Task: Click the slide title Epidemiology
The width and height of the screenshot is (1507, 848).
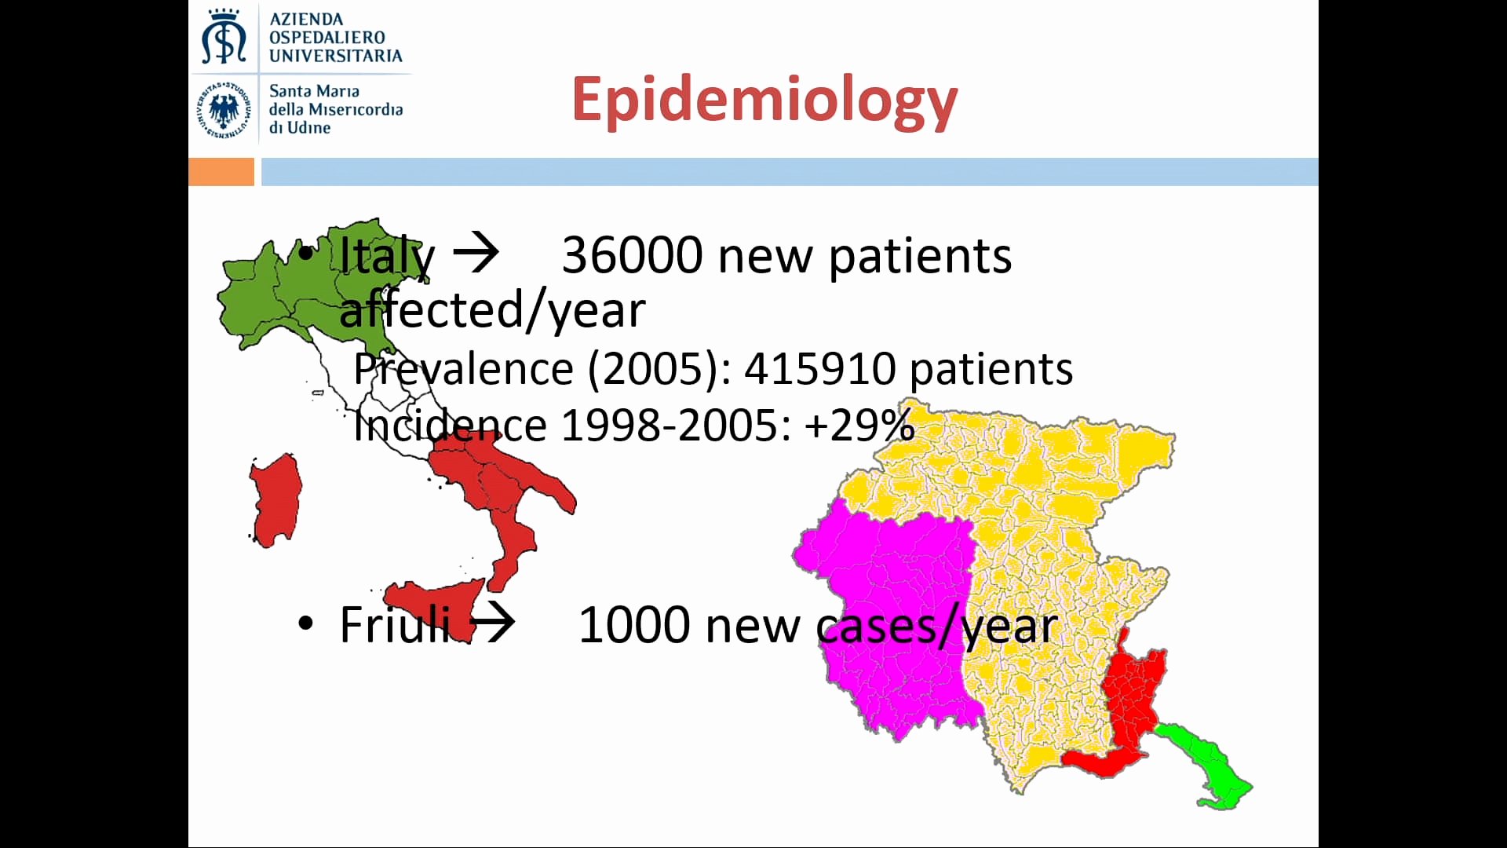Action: click(x=764, y=101)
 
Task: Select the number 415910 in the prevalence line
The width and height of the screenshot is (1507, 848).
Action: click(x=820, y=368)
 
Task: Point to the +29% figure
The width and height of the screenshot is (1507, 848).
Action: click(x=859, y=426)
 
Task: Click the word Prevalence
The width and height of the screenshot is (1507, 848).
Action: click(x=463, y=368)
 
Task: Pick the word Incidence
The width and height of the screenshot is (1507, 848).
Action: click(x=450, y=426)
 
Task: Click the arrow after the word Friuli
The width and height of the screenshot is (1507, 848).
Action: click(x=492, y=623)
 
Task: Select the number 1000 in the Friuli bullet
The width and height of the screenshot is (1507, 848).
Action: click(x=634, y=625)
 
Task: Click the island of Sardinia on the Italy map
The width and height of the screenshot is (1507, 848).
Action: click(x=275, y=500)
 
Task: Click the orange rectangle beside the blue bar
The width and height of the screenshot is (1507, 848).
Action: click(x=221, y=172)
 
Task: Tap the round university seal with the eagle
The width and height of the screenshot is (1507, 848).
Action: click(x=224, y=109)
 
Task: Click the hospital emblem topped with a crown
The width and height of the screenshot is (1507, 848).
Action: click(x=224, y=36)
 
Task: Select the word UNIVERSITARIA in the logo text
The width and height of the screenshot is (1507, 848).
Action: click(x=336, y=56)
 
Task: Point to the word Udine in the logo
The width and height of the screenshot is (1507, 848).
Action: click(x=308, y=127)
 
